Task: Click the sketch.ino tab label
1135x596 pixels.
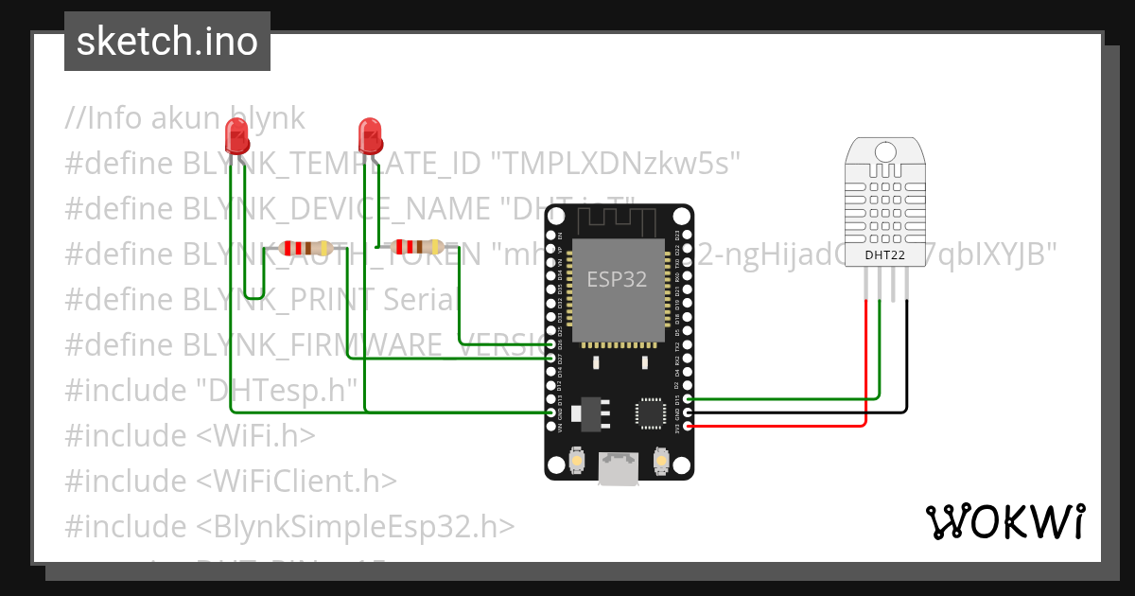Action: point(166,42)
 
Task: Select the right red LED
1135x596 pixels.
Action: point(369,134)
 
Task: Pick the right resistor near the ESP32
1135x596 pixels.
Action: point(420,247)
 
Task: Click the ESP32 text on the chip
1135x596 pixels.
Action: point(618,280)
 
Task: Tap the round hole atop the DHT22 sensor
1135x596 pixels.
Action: point(885,151)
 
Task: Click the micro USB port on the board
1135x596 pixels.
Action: point(619,467)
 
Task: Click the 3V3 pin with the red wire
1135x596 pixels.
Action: point(688,427)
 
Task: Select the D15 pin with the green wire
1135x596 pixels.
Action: point(688,398)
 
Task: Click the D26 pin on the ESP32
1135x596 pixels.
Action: point(551,344)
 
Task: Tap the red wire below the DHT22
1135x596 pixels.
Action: point(866,359)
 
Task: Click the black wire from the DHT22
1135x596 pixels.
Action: point(907,359)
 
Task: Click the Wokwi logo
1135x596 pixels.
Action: point(1004,521)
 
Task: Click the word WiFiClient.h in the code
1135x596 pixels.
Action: point(297,481)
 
